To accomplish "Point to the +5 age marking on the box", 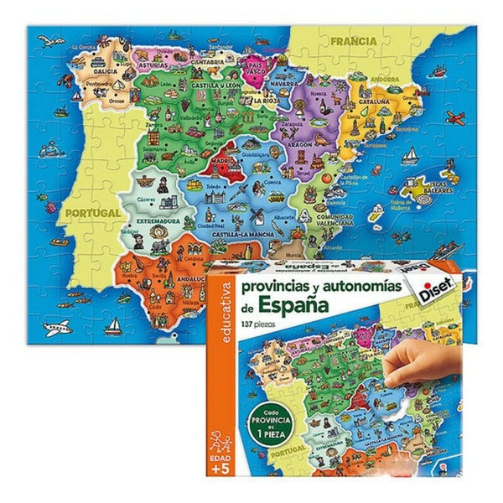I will pyautogui.click(x=217, y=469).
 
